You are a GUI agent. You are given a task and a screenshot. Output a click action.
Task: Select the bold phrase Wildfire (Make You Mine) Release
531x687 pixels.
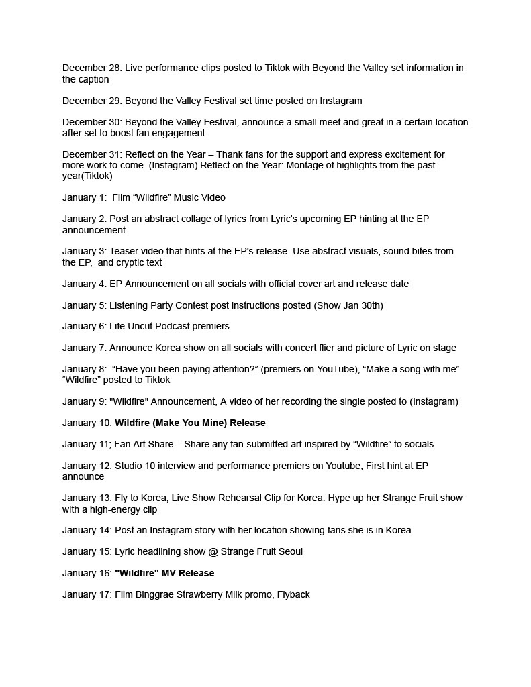coord(190,423)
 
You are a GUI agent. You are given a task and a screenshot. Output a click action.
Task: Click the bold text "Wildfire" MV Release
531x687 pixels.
coord(164,573)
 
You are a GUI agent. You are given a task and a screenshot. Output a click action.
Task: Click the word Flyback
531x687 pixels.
coord(293,594)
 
